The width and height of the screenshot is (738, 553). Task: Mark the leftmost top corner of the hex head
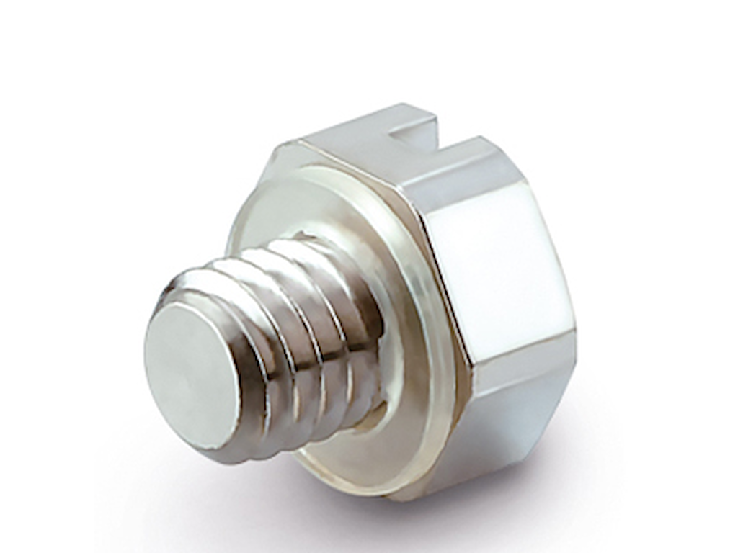(x=277, y=148)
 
